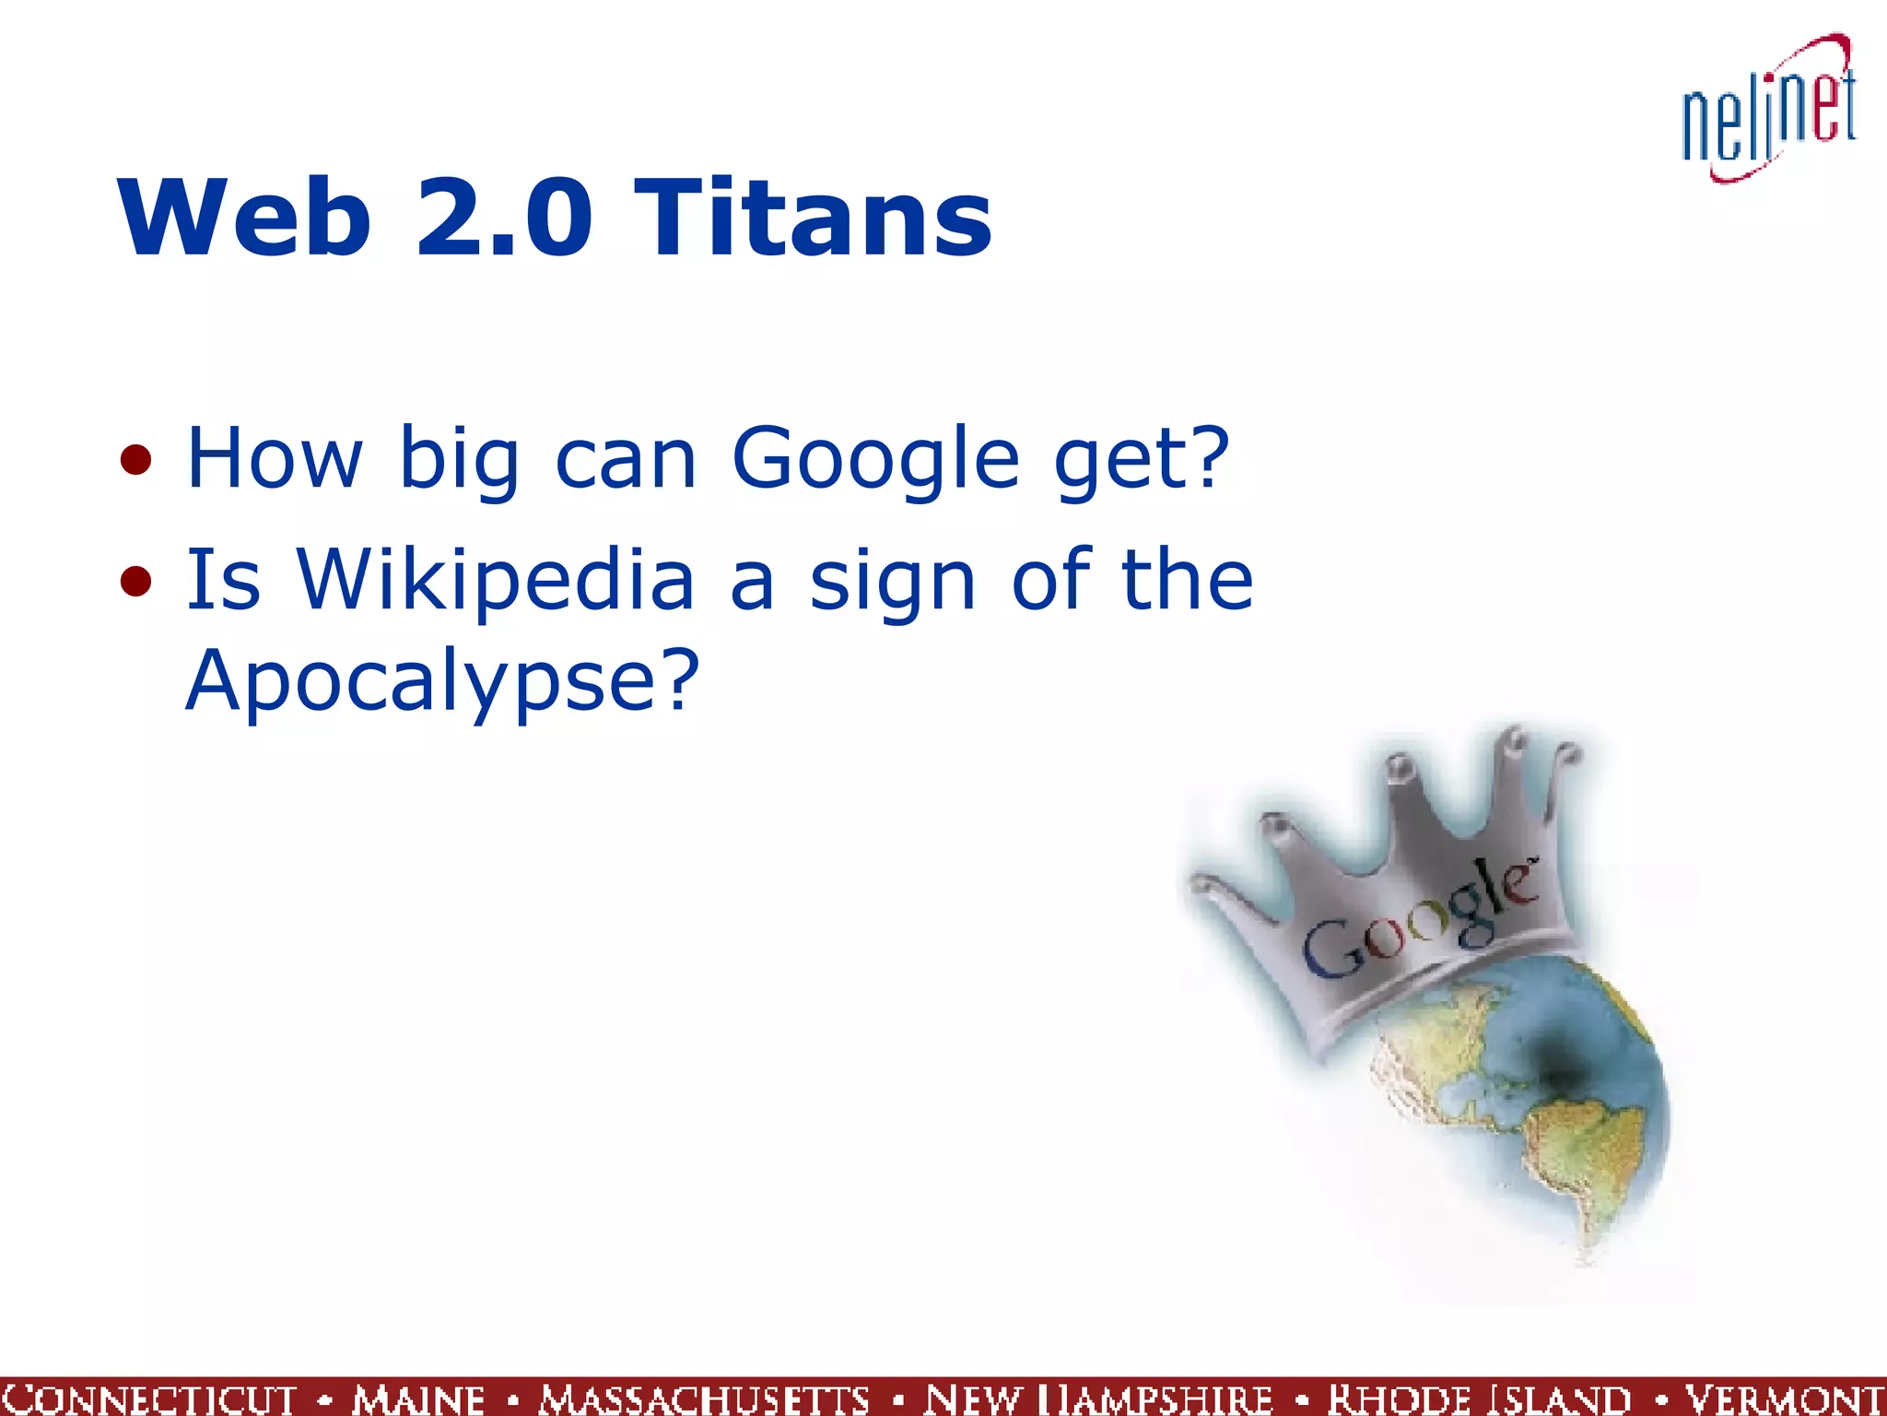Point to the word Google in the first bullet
tap(875, 459)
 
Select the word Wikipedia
tap(496, 581)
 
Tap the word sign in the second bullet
tap(892, 583)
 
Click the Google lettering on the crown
tap(1420, 922)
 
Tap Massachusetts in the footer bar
tap(704, 1398)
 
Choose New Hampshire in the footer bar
tap(1097, 1398)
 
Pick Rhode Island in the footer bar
tap(1479, 1398)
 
